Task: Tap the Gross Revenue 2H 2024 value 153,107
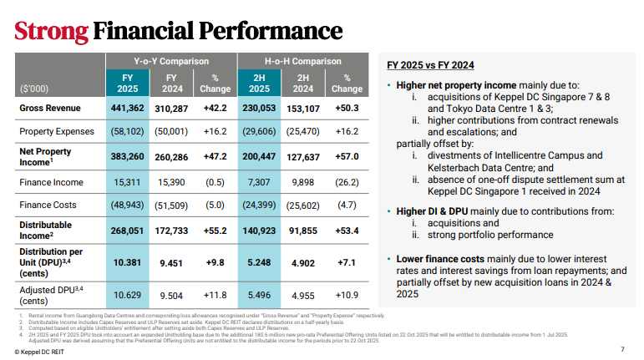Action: (303, 109)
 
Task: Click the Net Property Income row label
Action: (45, 156)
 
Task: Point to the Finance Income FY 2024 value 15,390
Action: (175, 180)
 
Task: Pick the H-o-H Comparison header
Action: (303, 61)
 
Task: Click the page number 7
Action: (622, 349)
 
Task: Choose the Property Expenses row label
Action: (56, 132)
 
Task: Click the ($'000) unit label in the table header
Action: (33, 88)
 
